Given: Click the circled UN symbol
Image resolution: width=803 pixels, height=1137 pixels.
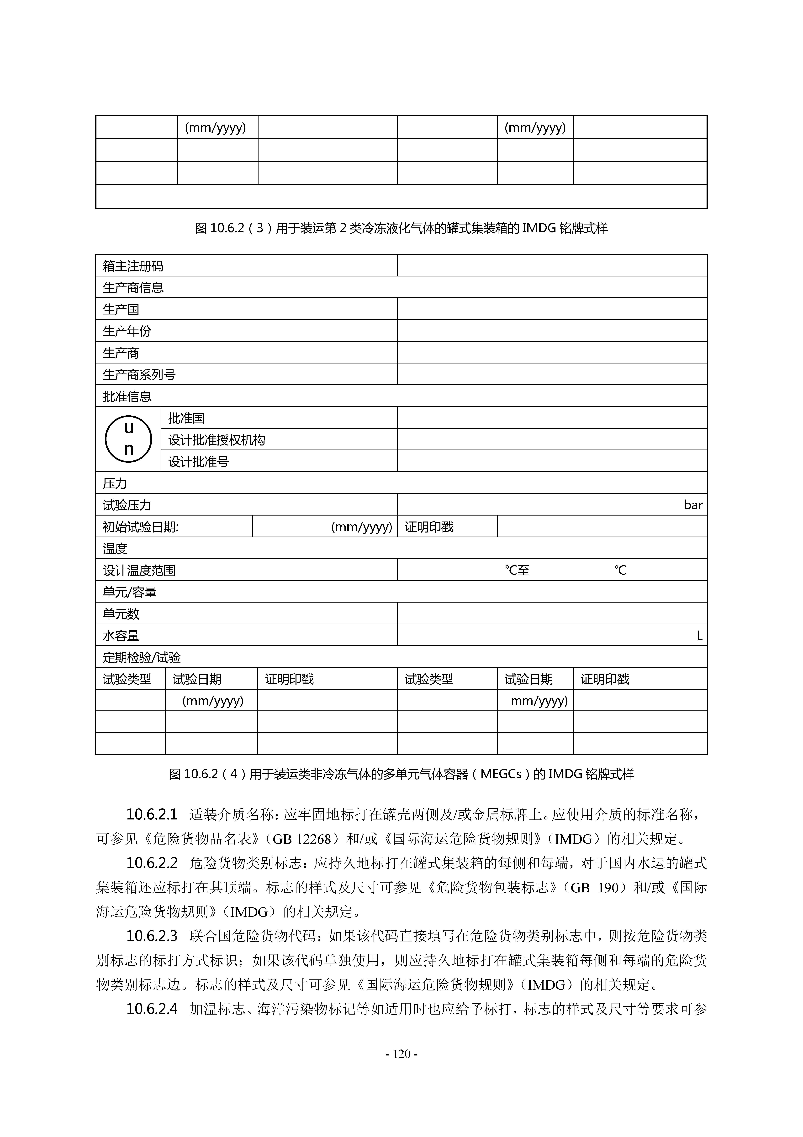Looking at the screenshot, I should (128, 439).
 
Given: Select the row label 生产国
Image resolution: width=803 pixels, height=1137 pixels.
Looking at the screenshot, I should (121, 309).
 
